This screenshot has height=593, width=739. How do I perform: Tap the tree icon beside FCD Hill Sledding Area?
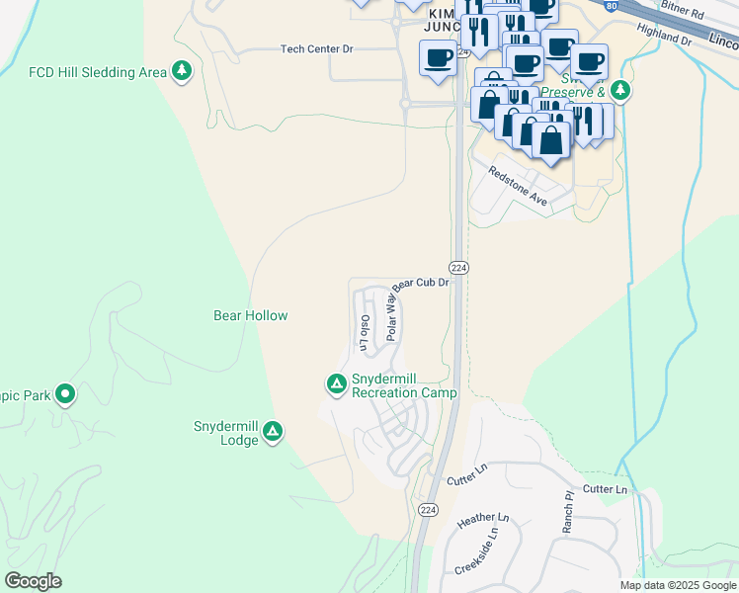[x=181, y=70]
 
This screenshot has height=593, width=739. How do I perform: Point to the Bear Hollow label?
[x=251, y=316]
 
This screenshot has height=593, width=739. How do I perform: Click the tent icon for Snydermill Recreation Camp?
[x=336, y=382]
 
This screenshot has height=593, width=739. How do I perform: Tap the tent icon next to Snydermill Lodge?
[x=274, y=432]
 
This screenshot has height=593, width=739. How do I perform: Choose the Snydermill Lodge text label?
[x=226, y=433]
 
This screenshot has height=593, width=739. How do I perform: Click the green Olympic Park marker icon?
[x=65, y=395]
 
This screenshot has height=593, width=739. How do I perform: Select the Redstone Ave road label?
[x=518, y=186]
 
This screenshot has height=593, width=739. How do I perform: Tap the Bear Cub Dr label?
[x=424, y=283]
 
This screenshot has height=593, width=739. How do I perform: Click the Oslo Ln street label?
[x=365, y=333]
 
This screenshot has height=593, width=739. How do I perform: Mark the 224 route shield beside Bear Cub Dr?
[x=458, y=268]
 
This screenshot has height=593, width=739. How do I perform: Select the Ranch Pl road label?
[x=568, y=514]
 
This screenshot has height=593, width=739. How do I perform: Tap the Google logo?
[x=34, y=581]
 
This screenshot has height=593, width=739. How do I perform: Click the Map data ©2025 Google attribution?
[x=678, y=585]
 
